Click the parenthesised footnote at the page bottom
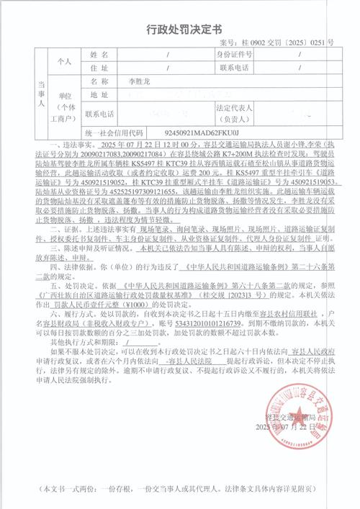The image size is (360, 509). [x=179, y=489]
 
